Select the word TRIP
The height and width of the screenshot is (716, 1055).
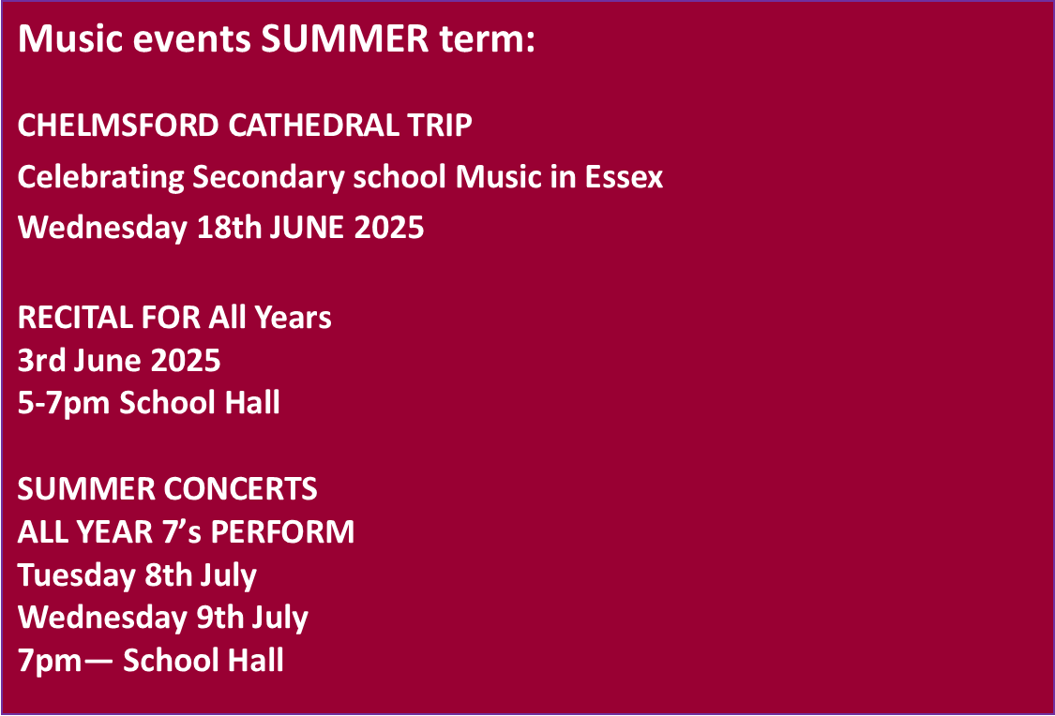point(439,126)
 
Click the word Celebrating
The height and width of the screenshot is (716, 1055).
point(101,178)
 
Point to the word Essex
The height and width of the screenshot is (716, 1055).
point(624,177)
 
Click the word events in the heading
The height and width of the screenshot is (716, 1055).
point(191,39)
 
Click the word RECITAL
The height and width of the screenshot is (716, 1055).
point(75,318)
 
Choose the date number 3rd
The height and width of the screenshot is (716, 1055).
point(41,361)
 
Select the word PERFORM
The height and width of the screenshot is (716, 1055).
point(282,531)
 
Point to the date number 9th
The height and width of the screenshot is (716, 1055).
point(220,618)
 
